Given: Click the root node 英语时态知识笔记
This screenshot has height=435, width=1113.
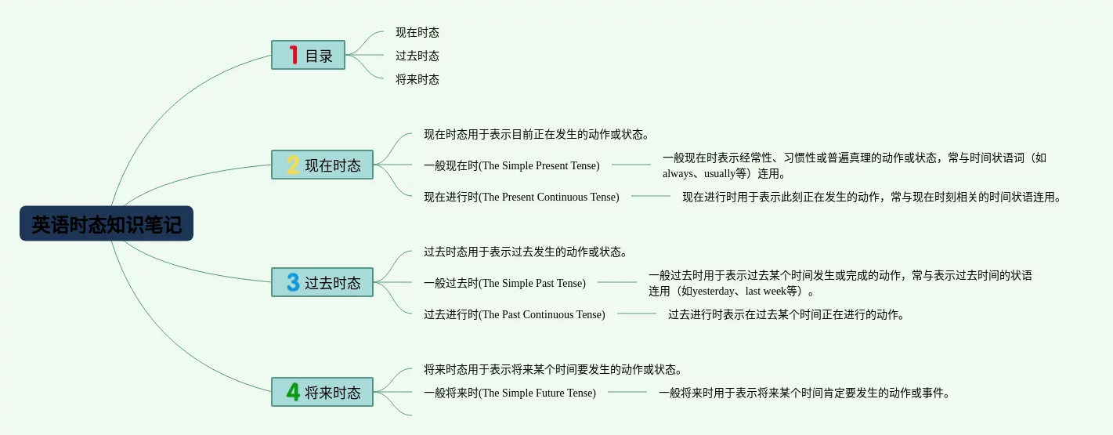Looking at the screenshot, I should coord(107,224).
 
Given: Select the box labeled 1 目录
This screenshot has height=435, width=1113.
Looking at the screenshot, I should coord(308,55).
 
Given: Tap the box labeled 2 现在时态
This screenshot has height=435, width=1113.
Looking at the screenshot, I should coord(322,165).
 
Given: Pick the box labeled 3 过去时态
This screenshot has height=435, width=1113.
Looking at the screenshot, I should coord(322,282).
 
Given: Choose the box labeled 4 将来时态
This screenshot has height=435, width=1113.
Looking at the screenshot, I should coord(322,392).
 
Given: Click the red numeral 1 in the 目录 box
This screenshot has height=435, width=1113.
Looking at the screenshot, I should coord(294,55).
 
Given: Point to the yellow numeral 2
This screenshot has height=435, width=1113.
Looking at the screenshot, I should coord(293,165).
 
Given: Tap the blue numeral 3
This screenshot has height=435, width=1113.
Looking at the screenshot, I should coord(293,282).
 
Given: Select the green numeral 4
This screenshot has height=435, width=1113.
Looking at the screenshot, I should coord(293,392).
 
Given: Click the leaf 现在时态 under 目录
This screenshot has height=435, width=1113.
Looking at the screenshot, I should coord(417,33).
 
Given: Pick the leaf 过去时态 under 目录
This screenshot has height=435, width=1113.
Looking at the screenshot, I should coord(417,56).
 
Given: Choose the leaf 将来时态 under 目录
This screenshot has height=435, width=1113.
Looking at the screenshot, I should coord(417,79).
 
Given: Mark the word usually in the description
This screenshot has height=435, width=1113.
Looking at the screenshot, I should coord(719,173).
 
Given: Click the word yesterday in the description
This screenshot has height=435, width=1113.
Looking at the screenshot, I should coord(714,291).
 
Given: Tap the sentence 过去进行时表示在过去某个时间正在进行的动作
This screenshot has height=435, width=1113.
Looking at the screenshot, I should coord(786,314).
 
